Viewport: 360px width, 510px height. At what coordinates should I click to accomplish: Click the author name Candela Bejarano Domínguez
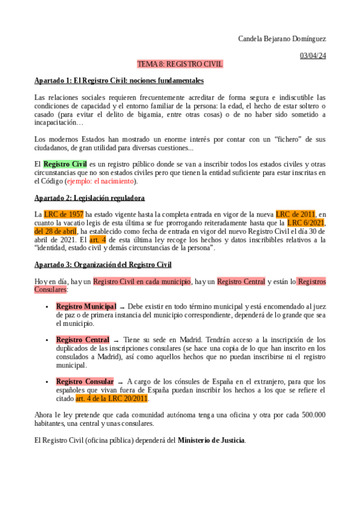point(282,39)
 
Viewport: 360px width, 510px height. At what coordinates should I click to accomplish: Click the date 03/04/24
point(313,56)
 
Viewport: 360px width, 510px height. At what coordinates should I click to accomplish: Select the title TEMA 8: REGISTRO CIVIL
point(180,64)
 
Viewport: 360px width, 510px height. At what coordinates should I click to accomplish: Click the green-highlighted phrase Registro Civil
point(66,164)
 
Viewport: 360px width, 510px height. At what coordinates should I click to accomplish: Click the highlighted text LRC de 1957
point(64,214)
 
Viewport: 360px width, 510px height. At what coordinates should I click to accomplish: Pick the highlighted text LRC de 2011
point(295,214)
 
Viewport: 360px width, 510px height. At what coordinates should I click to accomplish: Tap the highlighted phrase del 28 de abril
point(55,231)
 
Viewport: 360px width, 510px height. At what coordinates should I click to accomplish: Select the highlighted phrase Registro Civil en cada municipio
point(142,281)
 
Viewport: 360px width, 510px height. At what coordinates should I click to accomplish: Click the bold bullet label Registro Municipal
point(86,307)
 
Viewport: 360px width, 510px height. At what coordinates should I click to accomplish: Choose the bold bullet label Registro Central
point(82,340)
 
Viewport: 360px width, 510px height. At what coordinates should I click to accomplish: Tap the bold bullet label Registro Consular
point(85,382)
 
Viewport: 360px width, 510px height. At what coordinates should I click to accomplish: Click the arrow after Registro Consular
point(120,382)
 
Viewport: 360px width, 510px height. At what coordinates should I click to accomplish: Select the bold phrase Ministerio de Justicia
point(211,440)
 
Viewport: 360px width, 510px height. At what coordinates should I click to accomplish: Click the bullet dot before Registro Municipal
point(47,307)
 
